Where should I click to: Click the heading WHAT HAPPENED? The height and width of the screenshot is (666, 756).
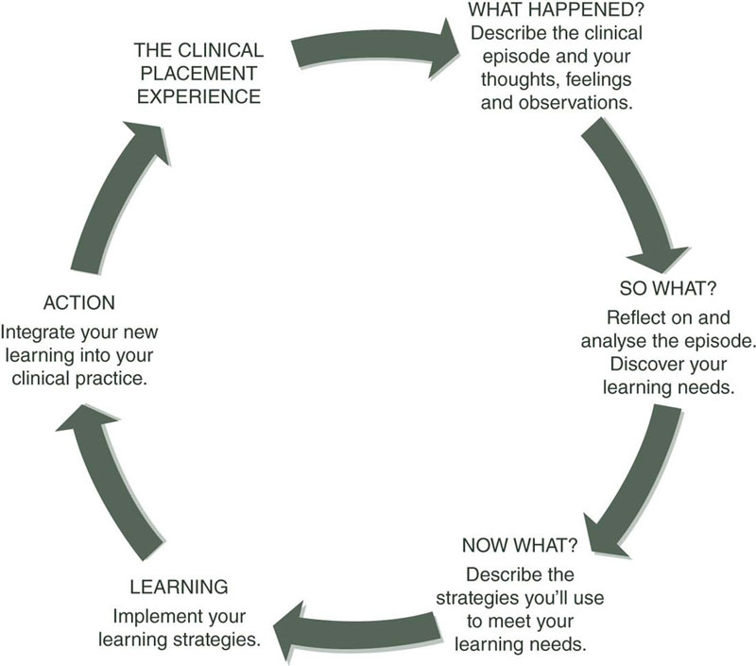[x=556, y=12]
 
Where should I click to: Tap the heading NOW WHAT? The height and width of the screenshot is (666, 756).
[x=520, y=546]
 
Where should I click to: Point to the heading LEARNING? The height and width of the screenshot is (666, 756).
[x=179, y=587]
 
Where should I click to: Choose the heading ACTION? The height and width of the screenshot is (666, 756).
[x=79, y=303]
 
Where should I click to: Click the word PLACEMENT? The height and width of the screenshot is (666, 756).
[x=198, y=72]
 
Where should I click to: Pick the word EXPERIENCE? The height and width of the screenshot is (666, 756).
[x=198, y=95]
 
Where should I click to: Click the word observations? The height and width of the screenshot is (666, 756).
[x=576, y=101]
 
